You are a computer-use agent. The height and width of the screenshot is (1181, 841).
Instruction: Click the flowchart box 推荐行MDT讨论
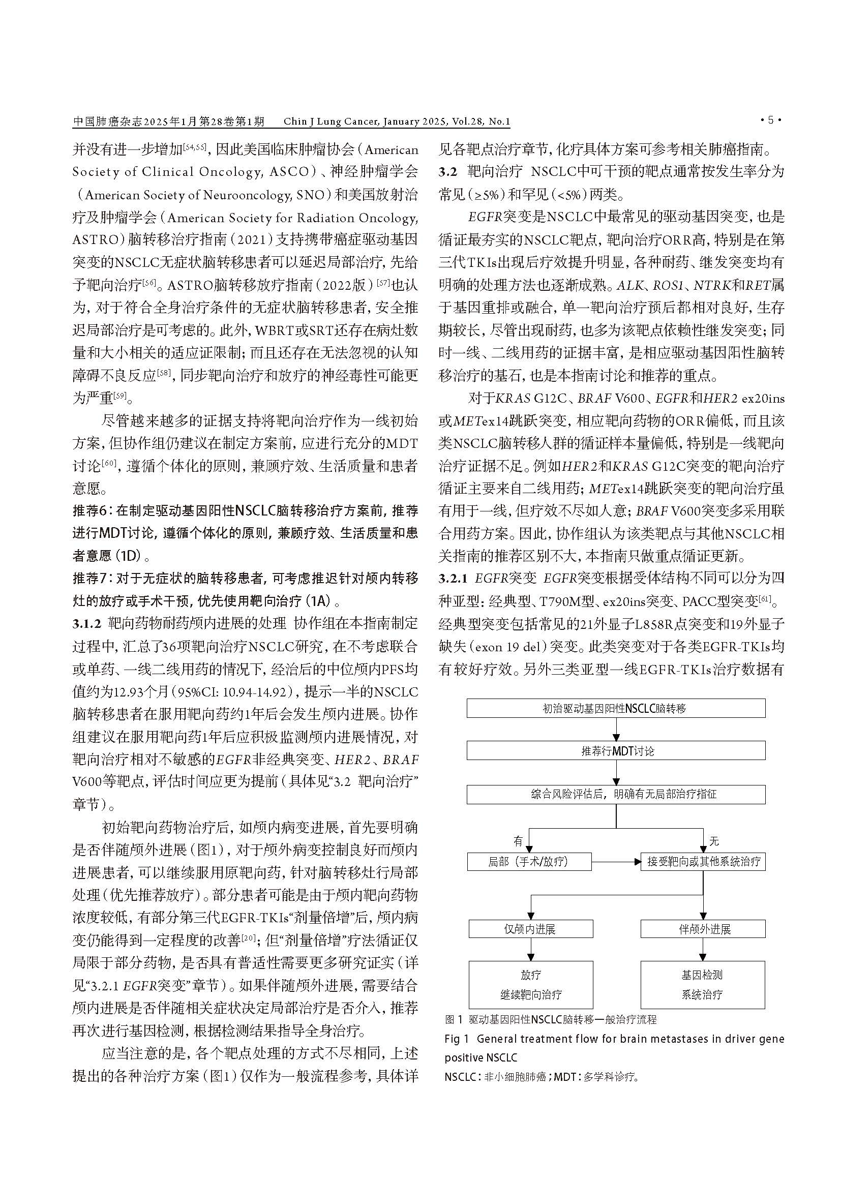(x=616, y=751)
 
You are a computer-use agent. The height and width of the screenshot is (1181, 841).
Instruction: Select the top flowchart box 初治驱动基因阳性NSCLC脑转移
(x=616, y=708)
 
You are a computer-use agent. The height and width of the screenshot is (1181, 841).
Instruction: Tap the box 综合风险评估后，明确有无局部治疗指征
(x=616, y=794)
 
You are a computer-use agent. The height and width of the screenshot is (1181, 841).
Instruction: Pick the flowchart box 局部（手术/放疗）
(x=529, y=862)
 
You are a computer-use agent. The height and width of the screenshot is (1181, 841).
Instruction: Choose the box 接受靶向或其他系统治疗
(x=703, y=862)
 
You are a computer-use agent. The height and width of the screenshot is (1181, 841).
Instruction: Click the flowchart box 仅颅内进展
(x=530, y=929)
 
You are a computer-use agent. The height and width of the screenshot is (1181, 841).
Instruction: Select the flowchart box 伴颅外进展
(x=703, y=929)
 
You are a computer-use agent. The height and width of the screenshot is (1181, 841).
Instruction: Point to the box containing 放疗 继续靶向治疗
(x=530, y=984)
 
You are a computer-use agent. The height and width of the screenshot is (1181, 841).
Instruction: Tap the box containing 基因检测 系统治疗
(x=703, y=984)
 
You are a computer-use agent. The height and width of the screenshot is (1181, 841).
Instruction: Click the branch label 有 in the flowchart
(x=518, y=841)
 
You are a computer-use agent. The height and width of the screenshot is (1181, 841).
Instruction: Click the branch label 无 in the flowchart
(x=714, y=841)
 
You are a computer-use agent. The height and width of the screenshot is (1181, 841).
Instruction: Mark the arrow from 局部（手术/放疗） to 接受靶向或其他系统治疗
(x=616, y=862)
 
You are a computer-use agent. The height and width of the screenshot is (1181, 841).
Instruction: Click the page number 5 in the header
(x=770, y=120)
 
